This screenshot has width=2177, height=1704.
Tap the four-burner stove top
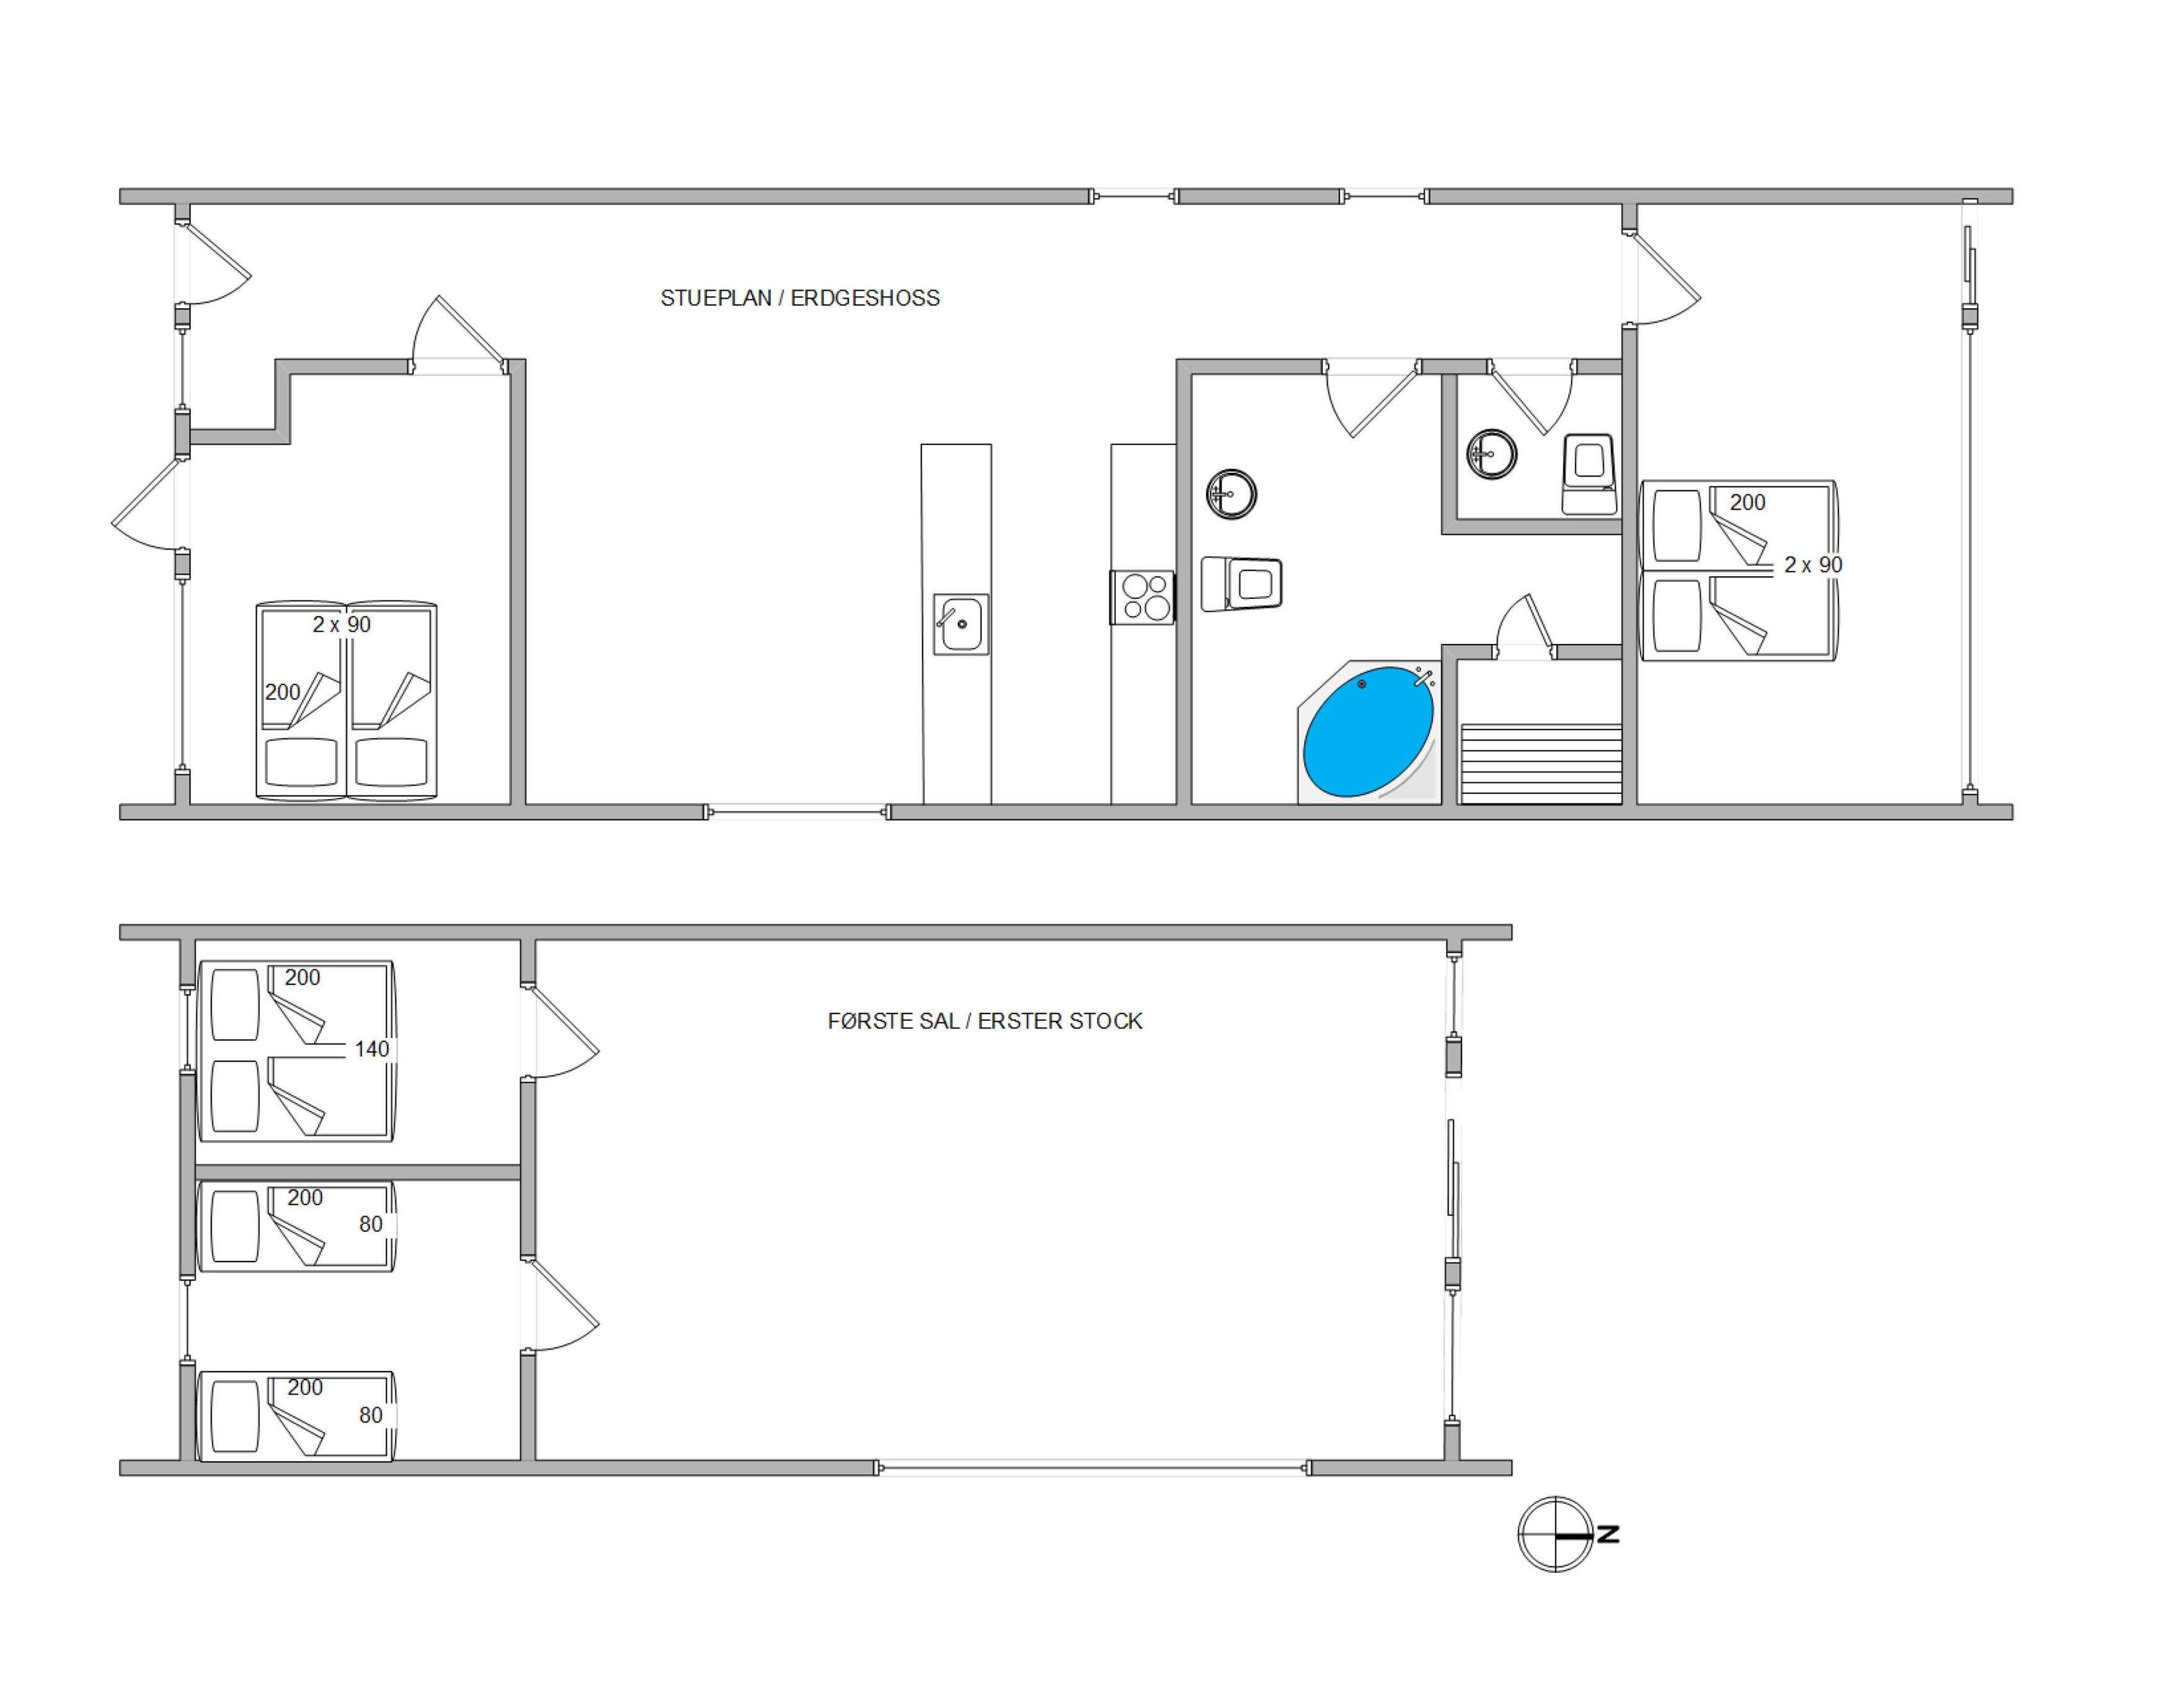pos(1143,596)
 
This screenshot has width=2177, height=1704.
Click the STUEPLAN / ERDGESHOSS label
pos(800,298)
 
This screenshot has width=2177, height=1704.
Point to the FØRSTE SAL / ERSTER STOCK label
pos(985,1021)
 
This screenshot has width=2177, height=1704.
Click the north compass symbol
pos(1556,1534)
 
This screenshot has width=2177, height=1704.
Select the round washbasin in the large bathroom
pos(1231,494)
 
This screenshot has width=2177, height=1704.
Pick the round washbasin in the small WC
pos(1492,454)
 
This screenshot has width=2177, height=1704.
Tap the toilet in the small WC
pos(1589,474)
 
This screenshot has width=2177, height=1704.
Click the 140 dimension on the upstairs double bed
pos(372,1049)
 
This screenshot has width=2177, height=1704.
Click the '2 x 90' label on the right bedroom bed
pos(1813,565)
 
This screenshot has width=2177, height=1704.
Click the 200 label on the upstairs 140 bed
pos(303,978)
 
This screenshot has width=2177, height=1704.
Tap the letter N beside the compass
pos(1607,1534)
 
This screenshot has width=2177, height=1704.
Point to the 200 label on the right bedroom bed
pos(1747,503)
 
